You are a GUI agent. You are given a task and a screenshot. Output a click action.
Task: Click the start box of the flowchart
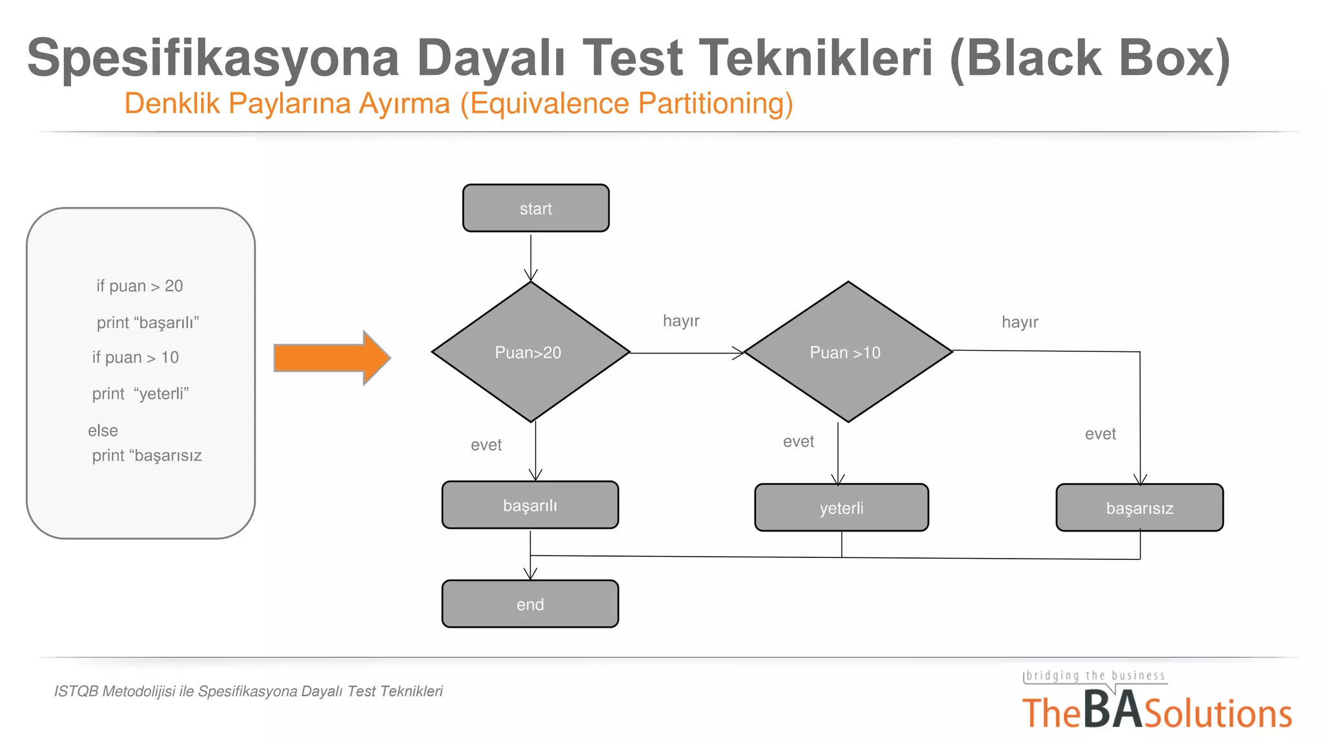[536, 208]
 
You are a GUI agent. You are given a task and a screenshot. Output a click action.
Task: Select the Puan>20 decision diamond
[530, 352]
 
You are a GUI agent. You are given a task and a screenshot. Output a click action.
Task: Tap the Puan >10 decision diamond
[848, 352]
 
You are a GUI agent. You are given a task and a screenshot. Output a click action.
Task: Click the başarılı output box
[530, 505]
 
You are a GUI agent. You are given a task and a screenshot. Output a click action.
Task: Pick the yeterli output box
[841, 508]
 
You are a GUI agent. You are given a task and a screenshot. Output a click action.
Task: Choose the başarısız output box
[1139, 508]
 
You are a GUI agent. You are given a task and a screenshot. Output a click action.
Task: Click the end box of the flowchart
[530, 604]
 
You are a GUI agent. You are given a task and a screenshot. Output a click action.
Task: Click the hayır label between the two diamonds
[681, 321]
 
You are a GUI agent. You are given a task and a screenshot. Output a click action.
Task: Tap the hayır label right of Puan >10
[1020, 322]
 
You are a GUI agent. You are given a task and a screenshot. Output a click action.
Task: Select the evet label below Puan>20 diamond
[486, 445]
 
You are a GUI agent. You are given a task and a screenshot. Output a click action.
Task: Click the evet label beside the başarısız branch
[1100, 434]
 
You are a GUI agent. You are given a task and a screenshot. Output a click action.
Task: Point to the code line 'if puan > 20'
[139, 286]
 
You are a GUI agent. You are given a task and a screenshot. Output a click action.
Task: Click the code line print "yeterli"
[140, 394]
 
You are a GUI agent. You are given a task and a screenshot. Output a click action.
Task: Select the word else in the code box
[103, 431]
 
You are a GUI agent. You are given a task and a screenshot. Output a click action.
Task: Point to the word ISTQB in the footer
[76, 692]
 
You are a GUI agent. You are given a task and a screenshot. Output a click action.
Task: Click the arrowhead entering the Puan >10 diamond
[738, 353]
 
